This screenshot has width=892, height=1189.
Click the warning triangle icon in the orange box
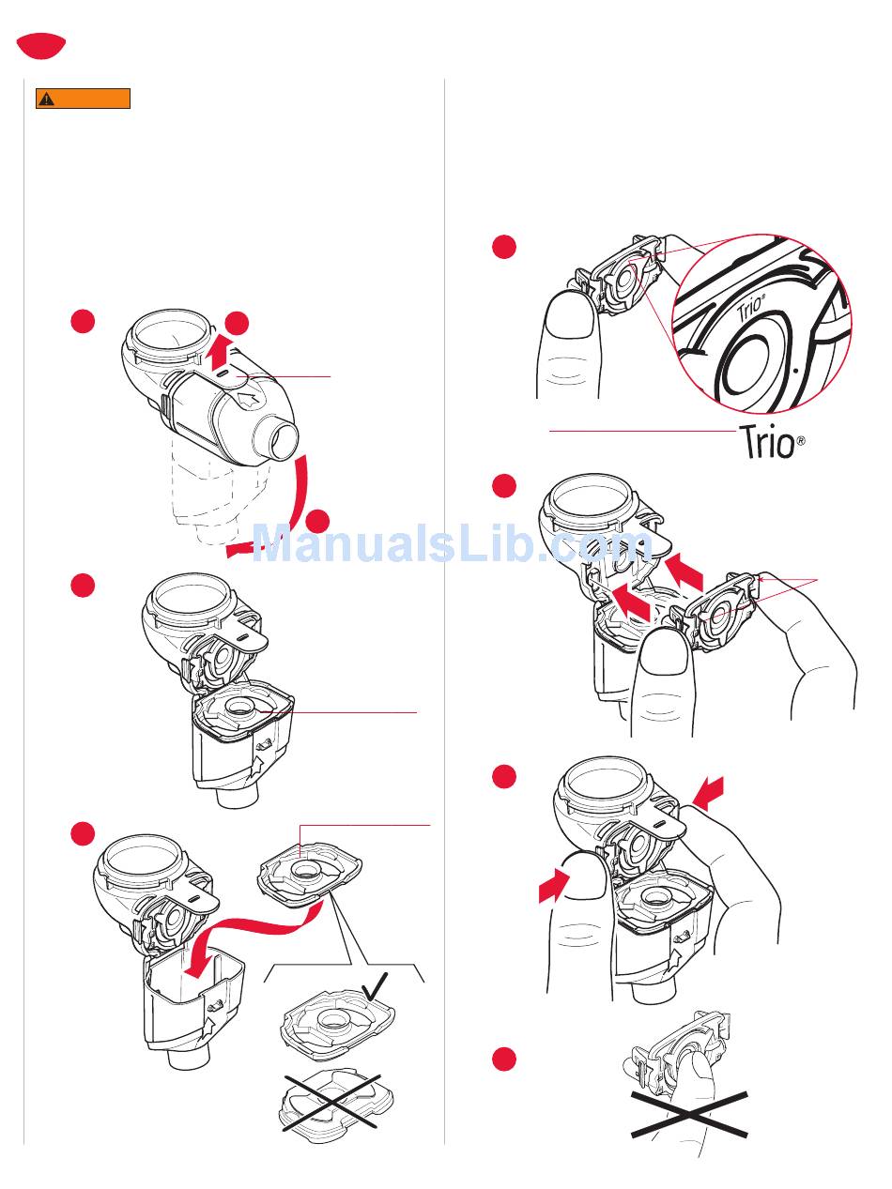(x=47, y=99)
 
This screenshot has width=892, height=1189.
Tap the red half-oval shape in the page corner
(x=41, y=45)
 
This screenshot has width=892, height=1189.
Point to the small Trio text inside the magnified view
(x=750, y=311)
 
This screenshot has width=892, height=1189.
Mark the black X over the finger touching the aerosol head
(x=689, y=1116)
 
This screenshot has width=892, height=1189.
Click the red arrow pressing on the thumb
(x=553, y=886)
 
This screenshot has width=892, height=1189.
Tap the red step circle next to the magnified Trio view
(x=504, y=247)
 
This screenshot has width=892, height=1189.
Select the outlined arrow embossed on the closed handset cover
(x=248, y=400)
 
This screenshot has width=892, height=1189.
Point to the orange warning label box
(x=83, y=99)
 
